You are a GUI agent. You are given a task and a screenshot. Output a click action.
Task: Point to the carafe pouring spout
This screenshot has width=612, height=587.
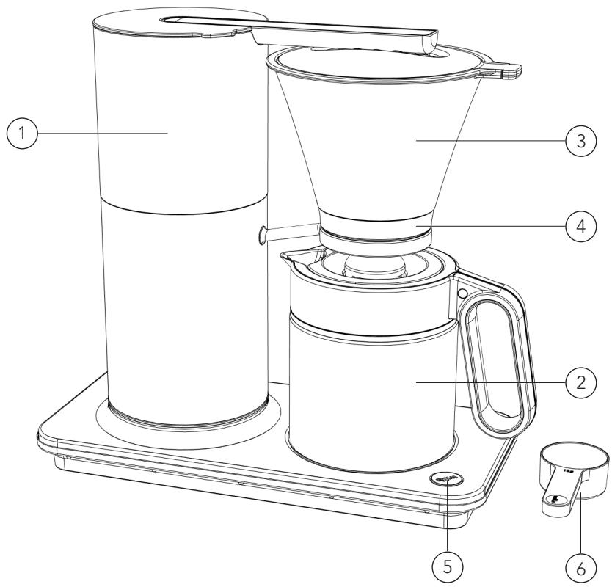[290, 256]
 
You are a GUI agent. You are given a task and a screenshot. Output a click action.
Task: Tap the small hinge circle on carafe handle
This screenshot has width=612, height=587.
[462, 293]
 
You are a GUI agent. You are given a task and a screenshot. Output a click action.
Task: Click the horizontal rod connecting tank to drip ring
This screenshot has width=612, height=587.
[290, 233]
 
